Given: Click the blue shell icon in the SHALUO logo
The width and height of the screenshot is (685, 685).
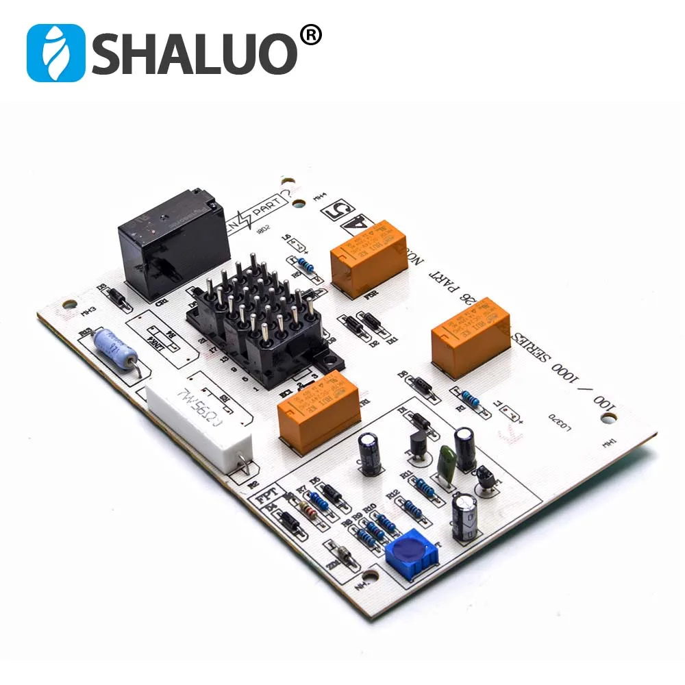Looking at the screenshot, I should [x=55, y=53].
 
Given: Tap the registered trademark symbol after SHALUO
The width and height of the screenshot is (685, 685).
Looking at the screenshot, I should [x=311, y=35].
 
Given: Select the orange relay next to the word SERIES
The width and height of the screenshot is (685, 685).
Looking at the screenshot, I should [x=471, y=337].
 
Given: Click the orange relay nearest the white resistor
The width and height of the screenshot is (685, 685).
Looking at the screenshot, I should [x=318, y=410].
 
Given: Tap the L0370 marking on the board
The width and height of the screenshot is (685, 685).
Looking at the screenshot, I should [x=561, y=419].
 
